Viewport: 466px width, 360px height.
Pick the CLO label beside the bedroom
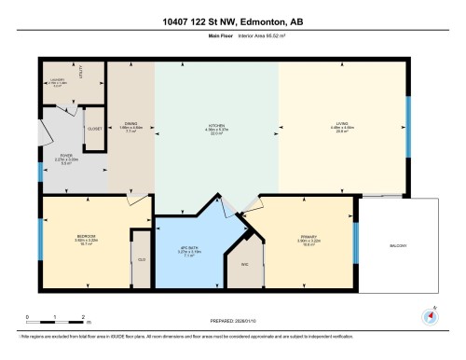tap(142, 258)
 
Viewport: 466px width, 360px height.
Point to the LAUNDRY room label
tap(58, 81)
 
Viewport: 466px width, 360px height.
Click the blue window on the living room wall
tap(408, 119)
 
